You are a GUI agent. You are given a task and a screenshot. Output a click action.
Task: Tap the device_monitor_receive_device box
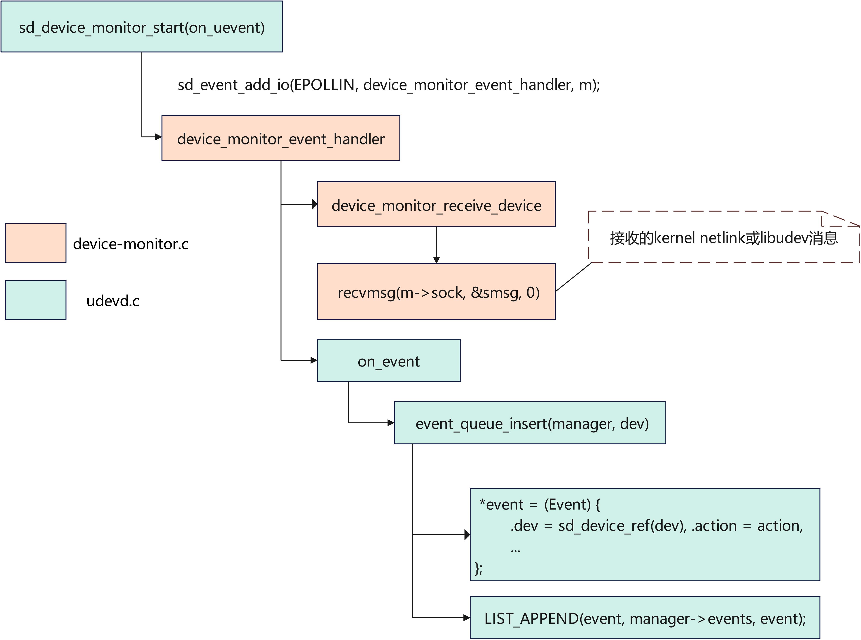(436, 205)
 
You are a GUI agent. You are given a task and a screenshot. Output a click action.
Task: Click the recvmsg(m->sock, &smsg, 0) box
(436, 292)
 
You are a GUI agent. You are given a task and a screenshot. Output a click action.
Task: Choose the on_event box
(388, 361)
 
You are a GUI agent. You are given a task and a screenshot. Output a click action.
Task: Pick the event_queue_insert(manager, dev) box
(529, 423)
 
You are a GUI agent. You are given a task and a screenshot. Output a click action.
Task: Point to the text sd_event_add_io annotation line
(388, 84)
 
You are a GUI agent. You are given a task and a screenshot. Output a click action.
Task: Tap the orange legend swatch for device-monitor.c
(36, 243)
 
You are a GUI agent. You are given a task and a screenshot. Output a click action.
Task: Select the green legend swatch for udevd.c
(36, 300)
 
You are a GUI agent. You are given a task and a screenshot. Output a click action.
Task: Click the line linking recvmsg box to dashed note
(573, 277)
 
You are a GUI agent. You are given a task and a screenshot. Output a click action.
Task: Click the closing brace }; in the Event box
(479, 568)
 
